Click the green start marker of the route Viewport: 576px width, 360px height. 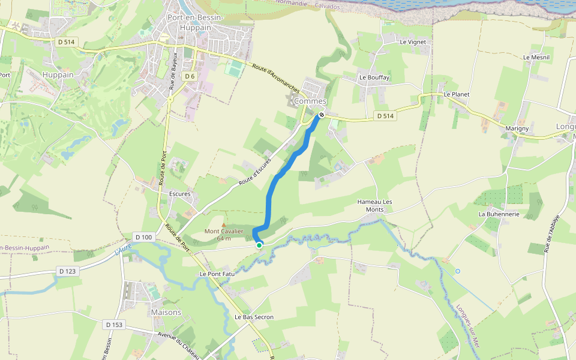coord(259,245)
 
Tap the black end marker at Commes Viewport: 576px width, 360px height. coord(322,115)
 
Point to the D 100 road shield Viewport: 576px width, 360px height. coord(144,237)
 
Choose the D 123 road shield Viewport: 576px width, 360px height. coord(68,271)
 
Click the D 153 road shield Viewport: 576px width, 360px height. coord(113,325)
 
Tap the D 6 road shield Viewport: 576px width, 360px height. coord(190,76)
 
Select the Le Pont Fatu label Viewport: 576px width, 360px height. coord(217,274)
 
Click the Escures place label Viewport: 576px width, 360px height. coord(179,194)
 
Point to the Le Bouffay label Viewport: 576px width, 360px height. coord(374,77)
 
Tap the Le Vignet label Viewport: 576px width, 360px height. coord(413,42)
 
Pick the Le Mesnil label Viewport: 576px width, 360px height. coord(536,58)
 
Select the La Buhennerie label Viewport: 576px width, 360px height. coord(499,214)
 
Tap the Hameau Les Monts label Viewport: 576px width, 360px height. coord(374,205)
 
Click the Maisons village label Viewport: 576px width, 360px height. coord(166,312)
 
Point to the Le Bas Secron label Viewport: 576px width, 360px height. coord(254,317)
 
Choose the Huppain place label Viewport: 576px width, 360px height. coord(58,75)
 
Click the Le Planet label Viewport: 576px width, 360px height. coord(457,95)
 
